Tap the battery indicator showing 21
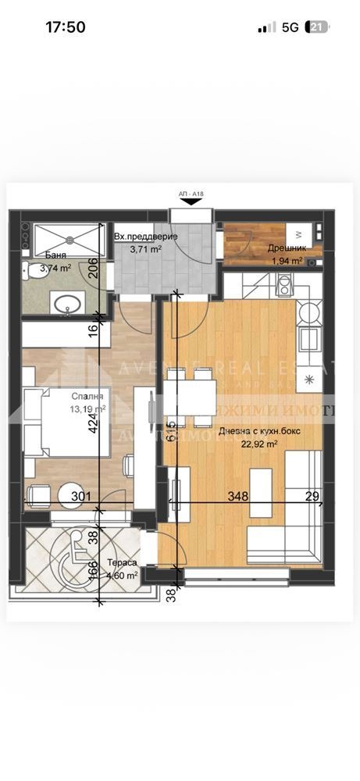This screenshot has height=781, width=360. (318, 27)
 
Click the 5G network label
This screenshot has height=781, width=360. (290, 27)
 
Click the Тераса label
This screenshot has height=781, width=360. (123, 563)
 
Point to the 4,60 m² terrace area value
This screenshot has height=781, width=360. (123, 575)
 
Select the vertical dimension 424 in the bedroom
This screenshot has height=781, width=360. (94, 423)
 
